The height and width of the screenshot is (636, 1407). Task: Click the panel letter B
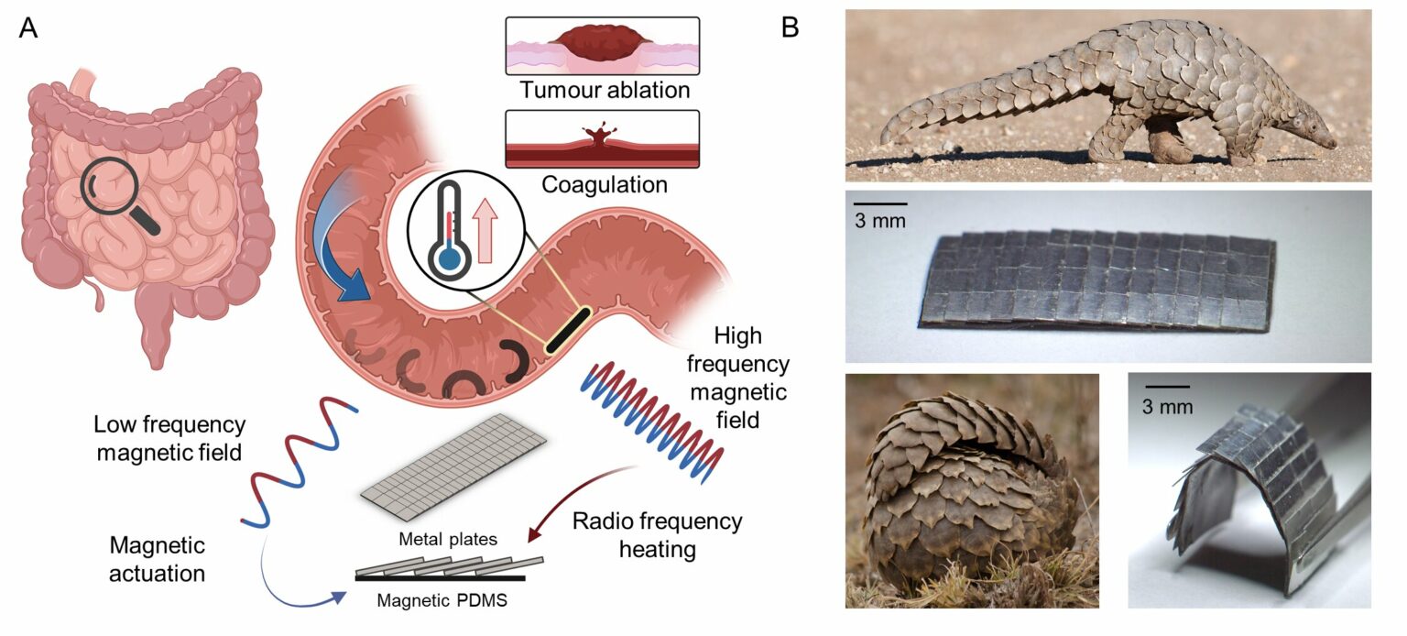(790, 28)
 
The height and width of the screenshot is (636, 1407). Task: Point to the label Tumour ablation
(603, 90)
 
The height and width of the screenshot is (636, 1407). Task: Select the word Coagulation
(603, 183)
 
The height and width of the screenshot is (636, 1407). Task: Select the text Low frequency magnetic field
(169, 438)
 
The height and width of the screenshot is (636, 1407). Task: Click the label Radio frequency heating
(657, 535)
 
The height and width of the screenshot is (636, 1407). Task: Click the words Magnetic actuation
(157, 559)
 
